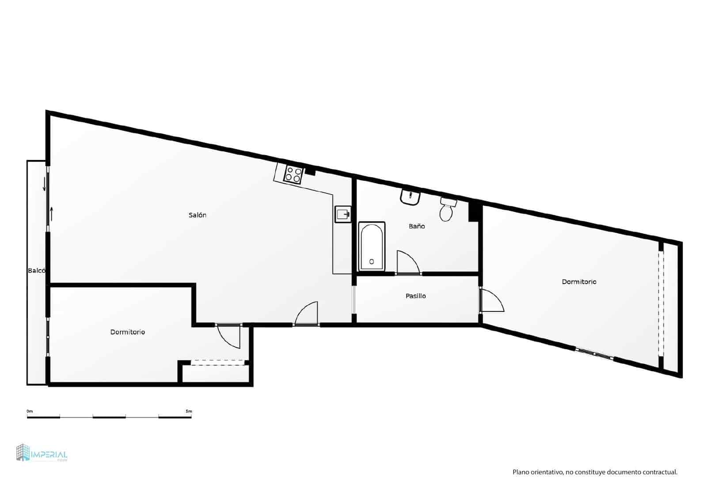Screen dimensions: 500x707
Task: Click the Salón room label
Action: pyautogui.click(x=198, y=215)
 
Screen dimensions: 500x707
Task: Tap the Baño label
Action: pyautogui.click(x=417, y=226)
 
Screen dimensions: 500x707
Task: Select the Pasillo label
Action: pyautogui.click(x=416, y=296)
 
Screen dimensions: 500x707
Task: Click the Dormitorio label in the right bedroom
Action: pyautogui.click(x=579, y=282)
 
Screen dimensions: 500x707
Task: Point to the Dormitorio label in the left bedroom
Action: pyautogui.click(x=128, y=332)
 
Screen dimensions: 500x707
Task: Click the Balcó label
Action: pyautogui.click(x=36, y=270)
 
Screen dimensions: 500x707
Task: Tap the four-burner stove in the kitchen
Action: pyautogui.click(x=293, y=174)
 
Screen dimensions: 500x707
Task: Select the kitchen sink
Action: pyautogui.click(x=342, y=214)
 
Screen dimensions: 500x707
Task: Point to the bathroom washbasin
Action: pyautogui.click(x=410, y=197)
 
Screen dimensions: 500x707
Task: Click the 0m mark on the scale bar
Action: pyautogui.click(x=30, y=411)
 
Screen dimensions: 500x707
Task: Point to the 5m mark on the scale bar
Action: pyautogui.click(x=189, y=411)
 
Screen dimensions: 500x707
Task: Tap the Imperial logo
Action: pyautogui.click(x=42, y=454)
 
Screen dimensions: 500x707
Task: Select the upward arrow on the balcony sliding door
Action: pyautogui.click(x=52, y=214)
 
